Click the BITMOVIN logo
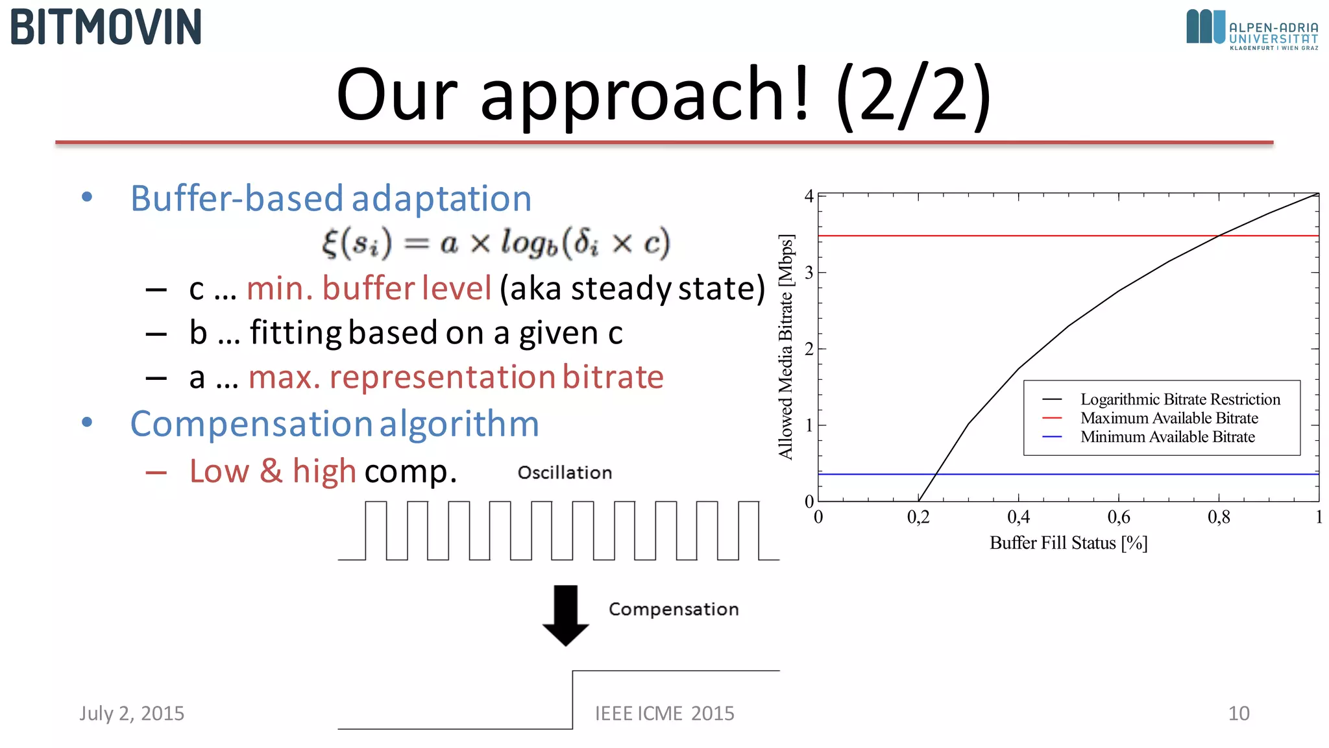tap(106, 27)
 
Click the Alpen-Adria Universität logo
tap(1252, 29)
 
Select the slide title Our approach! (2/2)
tap(663, 95)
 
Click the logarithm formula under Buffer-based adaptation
tap(496, 243)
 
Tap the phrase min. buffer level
tap(369, 288)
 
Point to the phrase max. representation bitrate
tap(456, 377)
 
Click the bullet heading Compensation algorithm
tap(334, 424)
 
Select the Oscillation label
tap(565, 473)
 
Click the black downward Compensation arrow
tap(566, 614)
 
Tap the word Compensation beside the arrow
tap(674, 609)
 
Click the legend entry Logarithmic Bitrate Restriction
tap(1180, 399)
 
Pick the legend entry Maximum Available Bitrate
tap(1169, 418)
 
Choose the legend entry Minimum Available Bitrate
tap(1167, 437)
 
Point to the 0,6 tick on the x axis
tap(1118, 517)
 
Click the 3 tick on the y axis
tap(809, 273)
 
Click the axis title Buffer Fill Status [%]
tap(1068, 543)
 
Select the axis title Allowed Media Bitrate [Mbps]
tap(786, 347)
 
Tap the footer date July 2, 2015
tap(132, 713)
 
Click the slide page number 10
tap(1238, 713)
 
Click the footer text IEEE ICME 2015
tap(664, 713)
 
